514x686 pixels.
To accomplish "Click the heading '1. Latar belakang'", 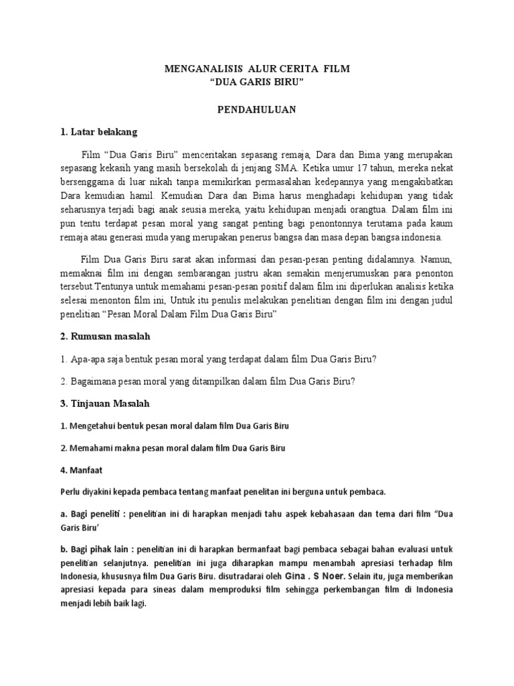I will pyautogui.click(x=98, y=131).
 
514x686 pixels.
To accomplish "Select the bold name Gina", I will pyautogui.click(x=298, y=575).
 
